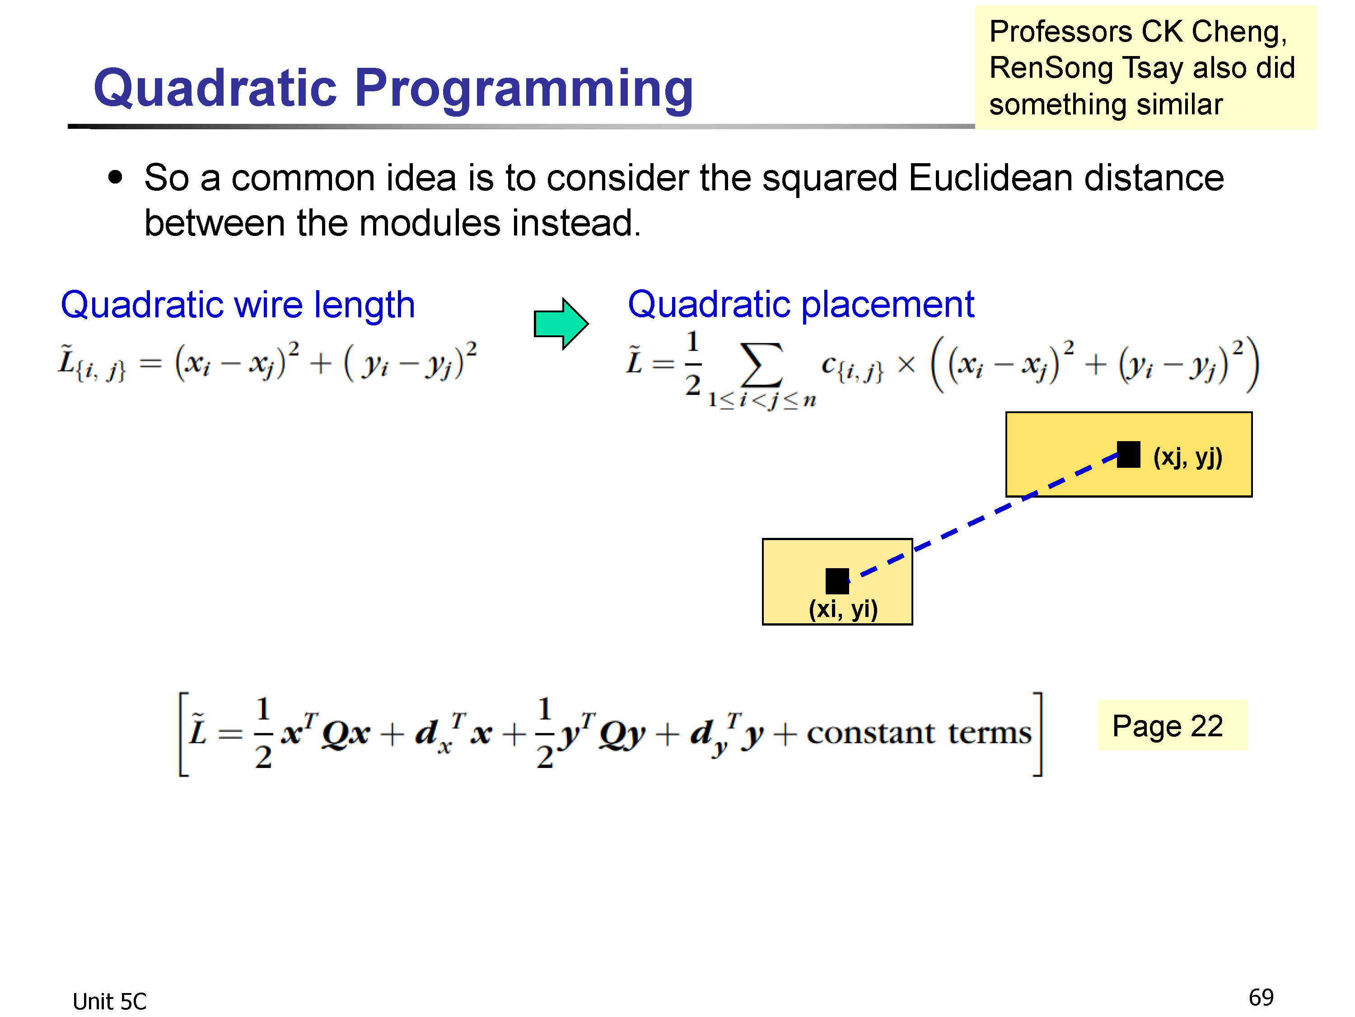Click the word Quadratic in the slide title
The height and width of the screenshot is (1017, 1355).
(x=215, y=88)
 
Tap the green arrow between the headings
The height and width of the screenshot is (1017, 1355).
(x=561, y=324)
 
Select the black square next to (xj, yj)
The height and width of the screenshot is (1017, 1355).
(x=1128, y=454)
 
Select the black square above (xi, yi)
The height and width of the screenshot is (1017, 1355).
(x=837, y=581)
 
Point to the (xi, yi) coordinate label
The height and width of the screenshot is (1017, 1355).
(x=844, y=609)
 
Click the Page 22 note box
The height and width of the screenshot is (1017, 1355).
(x=1173, y=725)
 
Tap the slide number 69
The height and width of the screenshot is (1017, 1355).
(x=1261, y=998)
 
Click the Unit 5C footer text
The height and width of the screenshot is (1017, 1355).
(x=110, y=1002)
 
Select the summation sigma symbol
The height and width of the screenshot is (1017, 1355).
(x=762, y=365)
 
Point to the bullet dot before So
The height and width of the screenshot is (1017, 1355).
(x=115, y=178)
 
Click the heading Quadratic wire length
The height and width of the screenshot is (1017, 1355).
(x=238, y=305)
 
